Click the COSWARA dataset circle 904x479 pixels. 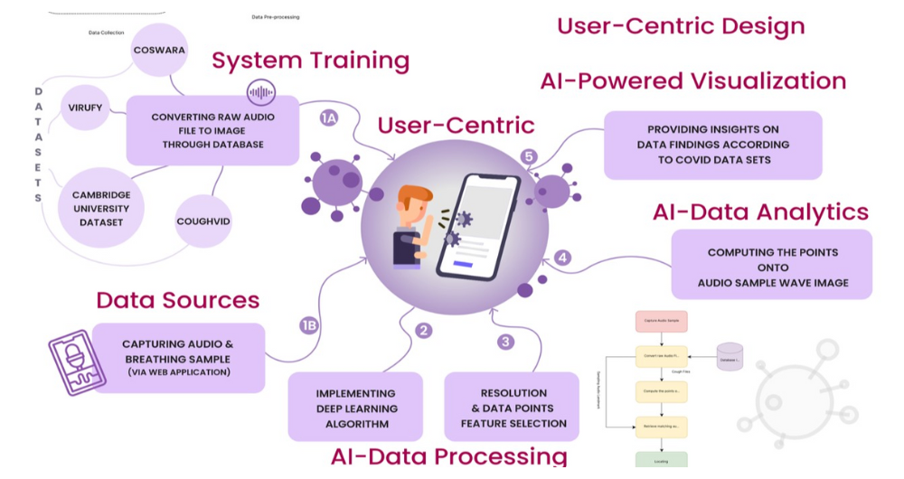coord(158,51)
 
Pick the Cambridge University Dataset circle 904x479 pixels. coord(101,208)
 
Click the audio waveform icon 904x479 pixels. coord(261,92)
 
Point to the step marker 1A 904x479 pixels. coord(330,118)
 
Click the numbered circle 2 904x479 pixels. coord(423,330)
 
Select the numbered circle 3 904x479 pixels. coord(505,342)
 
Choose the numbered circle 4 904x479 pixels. coord(563,258)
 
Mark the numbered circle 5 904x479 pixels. coord(530,156)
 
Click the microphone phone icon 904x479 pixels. coord(77,362)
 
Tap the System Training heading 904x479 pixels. coord(310,61)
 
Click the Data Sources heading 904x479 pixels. coord(178,300)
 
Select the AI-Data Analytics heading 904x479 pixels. coord(760,212)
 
